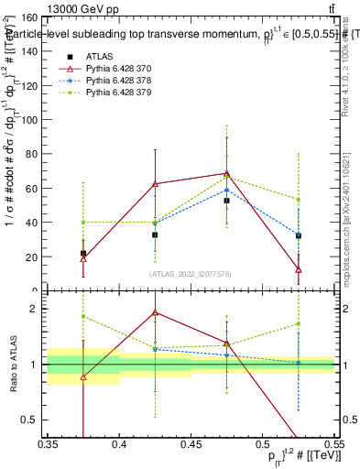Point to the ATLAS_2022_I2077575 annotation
191,273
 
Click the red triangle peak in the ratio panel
155,312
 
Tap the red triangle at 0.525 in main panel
298,269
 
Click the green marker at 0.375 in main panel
83,222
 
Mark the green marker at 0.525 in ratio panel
298,323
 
